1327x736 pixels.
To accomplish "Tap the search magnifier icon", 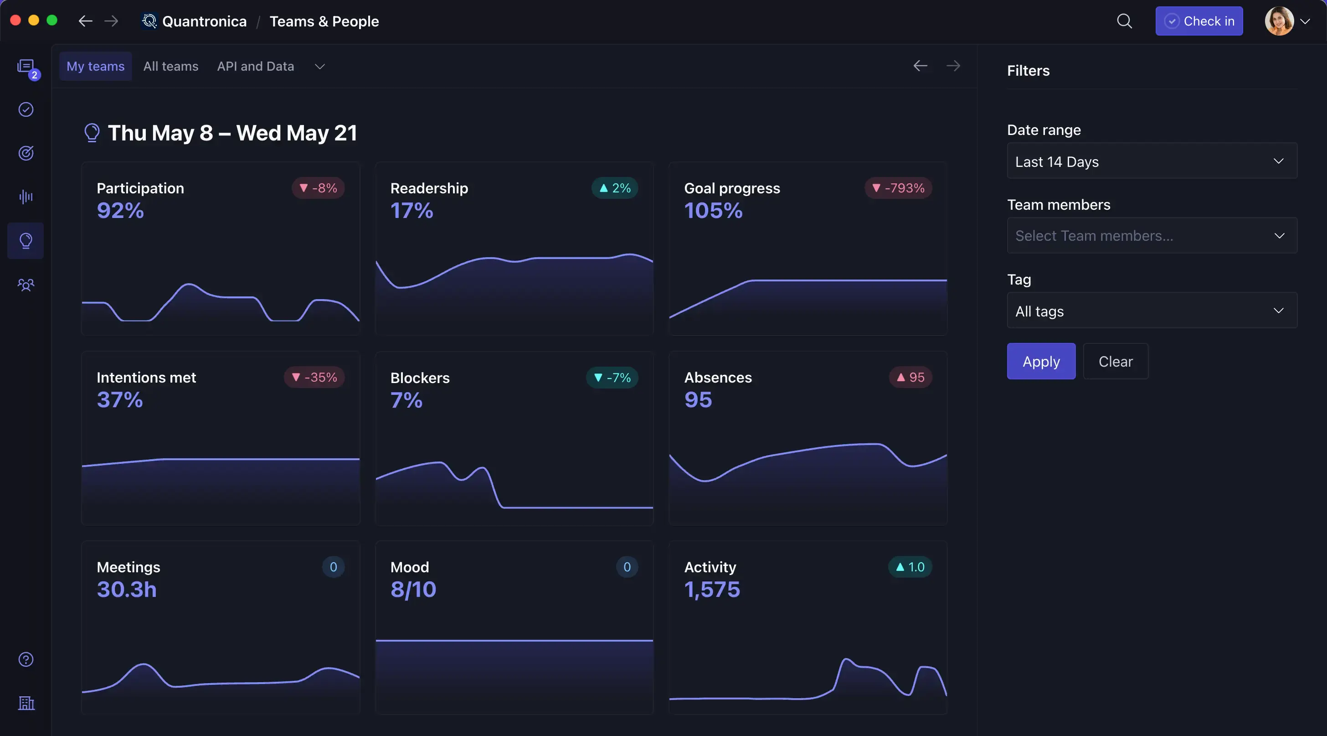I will (x=1124, y=21).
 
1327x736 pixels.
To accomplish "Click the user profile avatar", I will (x=1279, y=21).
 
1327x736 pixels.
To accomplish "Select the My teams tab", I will (x=95, y=67).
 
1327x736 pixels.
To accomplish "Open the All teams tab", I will (x=170, y=67).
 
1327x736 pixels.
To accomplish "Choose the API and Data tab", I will (x=256, y=67).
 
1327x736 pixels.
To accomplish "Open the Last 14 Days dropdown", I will (x=1152, y=161).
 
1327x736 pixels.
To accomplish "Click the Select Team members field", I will (x=1152, y=236).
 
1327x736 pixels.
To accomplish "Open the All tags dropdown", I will (x=1152, y=311).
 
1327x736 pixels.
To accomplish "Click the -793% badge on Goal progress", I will (x=898, y=188).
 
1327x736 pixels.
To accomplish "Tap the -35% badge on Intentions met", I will (x=314, y=377).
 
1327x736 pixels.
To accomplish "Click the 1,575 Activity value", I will (x=712, y=589).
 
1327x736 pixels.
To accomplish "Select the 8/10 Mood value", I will (x=413, y=589).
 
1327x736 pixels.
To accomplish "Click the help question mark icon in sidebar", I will (x=26, y=659).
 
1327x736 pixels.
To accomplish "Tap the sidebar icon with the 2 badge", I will (x=26, y=67).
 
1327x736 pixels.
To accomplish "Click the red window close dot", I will (x=15, y=21).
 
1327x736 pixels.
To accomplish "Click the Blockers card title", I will (x=420, y=378).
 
